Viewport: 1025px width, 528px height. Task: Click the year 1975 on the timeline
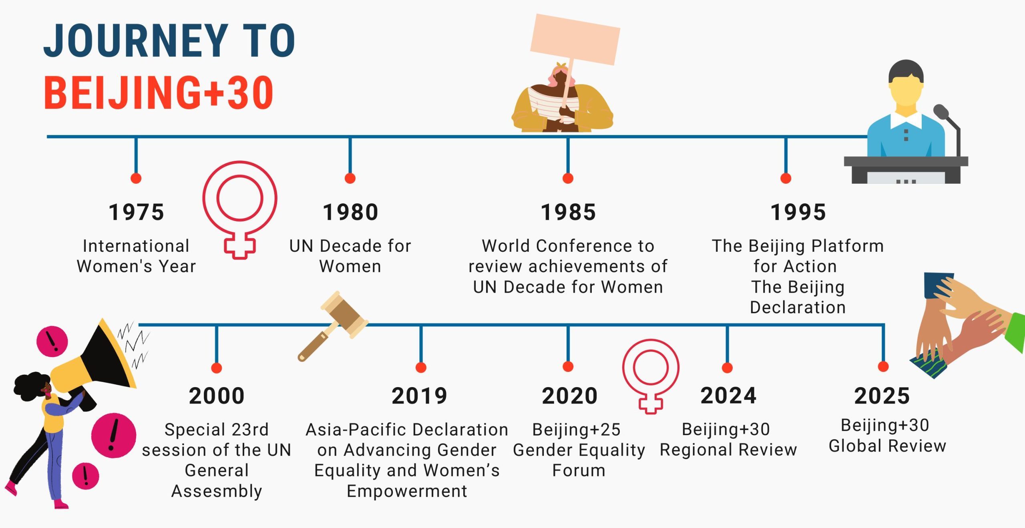click(x=136, y=212)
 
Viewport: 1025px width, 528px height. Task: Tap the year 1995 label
click(x=798, y=212)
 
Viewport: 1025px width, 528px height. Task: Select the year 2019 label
click(x=419, y=396)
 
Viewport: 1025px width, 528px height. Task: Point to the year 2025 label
click(x=882, y=396)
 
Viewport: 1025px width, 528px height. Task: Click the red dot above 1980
click(x=350, y=178)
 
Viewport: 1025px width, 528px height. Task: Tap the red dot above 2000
click(x=217, y=368)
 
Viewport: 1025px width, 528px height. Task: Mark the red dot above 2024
click(x=727, y=367)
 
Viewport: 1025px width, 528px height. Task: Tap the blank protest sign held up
click(x=575, y=39)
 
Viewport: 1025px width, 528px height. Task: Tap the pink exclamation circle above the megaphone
click(x=52, y=341)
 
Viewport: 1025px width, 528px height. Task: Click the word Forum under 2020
click(x=579, y=470)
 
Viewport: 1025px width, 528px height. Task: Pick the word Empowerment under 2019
click(x=407, y=491)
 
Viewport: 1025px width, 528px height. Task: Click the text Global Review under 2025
click(x=887, y=446)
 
